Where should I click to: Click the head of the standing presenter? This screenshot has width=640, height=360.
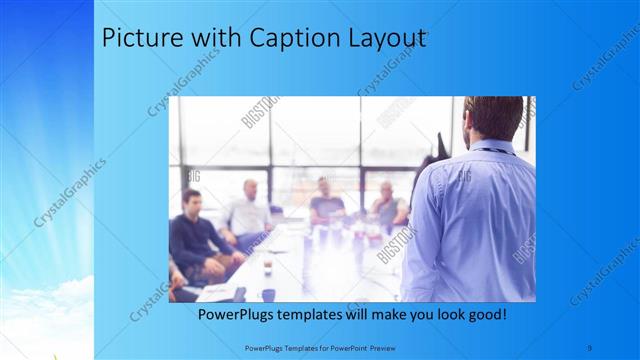492,118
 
